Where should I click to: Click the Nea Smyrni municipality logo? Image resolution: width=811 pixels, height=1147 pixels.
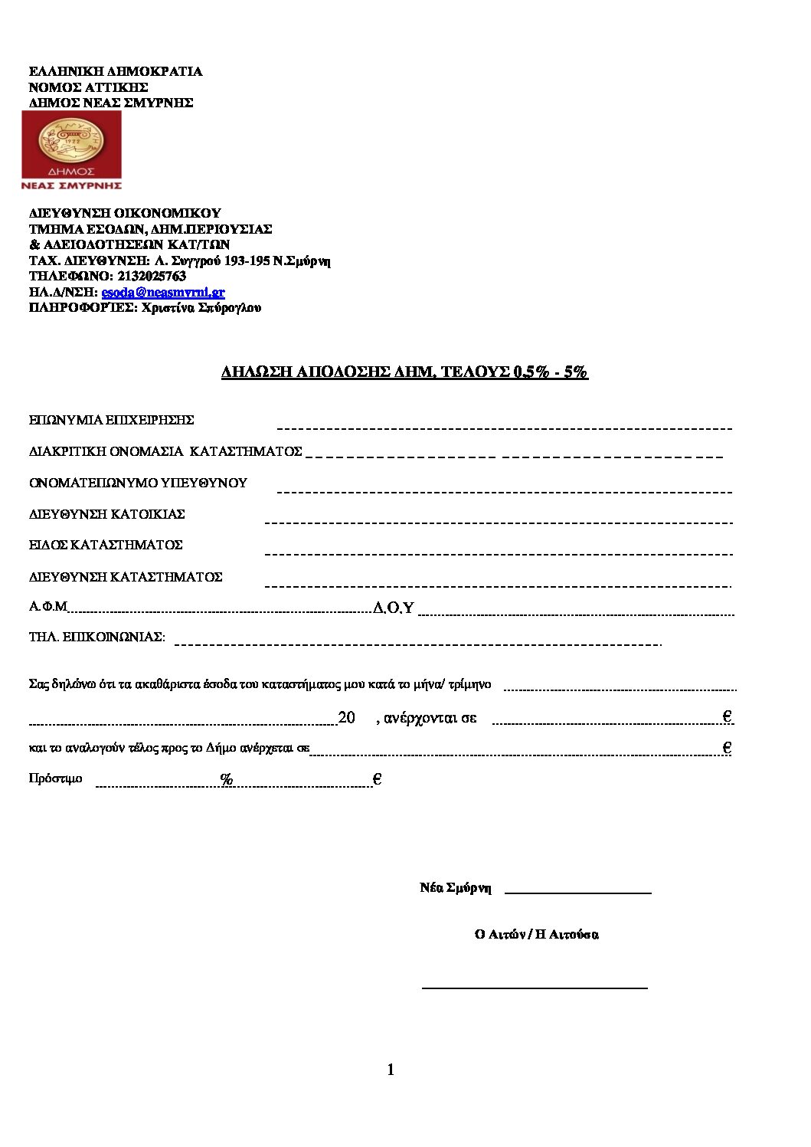(x=71, y=150)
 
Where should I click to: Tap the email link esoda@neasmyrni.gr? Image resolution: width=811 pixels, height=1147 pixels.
(x=163, y=292)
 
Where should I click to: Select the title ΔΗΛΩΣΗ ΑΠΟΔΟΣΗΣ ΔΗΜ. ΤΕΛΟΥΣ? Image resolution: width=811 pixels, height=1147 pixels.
(x=404, y=372)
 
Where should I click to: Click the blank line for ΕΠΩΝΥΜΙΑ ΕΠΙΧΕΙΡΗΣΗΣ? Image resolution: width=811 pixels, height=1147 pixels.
(x=504, y=428)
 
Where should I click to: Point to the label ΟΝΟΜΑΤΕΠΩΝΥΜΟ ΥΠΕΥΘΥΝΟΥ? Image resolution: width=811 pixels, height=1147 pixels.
(x=138, y=483)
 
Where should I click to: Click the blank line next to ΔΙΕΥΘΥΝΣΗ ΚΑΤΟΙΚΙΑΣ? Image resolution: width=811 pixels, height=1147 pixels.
(x=498, y=523)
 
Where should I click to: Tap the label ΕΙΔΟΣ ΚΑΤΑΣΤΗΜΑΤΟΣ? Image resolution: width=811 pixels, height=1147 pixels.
(x=106, y=545)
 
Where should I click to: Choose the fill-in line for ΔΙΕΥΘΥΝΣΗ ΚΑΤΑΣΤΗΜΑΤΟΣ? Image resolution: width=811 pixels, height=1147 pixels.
(x=498, y=586)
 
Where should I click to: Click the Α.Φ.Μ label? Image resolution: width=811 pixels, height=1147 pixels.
(x=48, y=607)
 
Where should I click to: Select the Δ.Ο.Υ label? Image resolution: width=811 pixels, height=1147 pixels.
(x=394, y=608)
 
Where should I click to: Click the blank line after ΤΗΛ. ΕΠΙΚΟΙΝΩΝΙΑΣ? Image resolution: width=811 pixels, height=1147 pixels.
(x=417, y=644)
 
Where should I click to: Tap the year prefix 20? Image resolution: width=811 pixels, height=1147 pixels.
(x=346, y=718)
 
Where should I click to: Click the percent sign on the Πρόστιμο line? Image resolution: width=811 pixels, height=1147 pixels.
(x=227, y=779)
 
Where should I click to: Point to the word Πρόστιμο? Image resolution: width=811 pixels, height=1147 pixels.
(x=55, y=778)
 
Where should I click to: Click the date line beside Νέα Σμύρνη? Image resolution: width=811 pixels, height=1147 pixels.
(x=577, y=893)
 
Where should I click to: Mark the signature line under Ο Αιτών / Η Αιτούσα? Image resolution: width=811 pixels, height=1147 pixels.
(x=535, y=988)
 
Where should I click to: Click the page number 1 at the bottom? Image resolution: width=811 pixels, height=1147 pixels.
(x=391, y=1070)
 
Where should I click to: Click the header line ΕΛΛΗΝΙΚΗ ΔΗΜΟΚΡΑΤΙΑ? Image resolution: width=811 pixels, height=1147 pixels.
(x=116, y=71)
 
